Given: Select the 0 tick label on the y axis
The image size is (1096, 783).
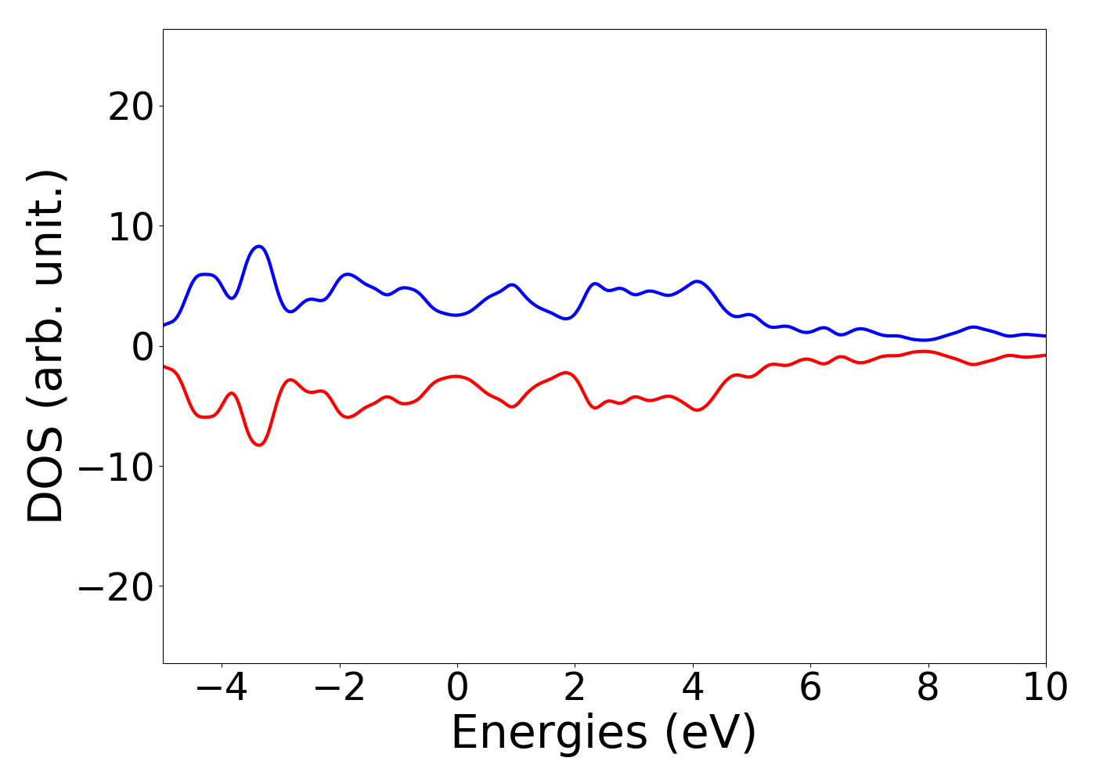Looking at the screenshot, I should tap(142, 346).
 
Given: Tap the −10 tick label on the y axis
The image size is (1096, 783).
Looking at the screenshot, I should tap(116, 467).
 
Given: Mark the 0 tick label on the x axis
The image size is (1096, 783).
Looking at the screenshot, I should tap(457, 688).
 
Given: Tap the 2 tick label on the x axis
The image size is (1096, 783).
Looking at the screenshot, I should tap(575, 688).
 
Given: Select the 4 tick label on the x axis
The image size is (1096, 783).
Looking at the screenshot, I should tap(693, 688).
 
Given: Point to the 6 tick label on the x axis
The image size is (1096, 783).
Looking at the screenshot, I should tap(810, 688).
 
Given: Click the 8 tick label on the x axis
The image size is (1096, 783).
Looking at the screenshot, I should tap(928, 688).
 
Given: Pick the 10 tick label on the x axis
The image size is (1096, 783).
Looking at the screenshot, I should tap(1045, 688).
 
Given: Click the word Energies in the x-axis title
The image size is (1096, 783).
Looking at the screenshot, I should tap(549, 734).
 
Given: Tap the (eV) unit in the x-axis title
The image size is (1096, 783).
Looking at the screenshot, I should tap(711, 734).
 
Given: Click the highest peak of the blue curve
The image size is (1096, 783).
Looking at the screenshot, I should tap(259, 247).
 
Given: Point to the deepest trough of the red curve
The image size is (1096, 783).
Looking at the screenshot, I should tap(259, 445).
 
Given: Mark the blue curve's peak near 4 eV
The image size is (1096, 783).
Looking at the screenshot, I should tap(696, 281).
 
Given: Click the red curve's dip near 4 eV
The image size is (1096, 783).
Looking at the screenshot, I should tap(696, 410).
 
